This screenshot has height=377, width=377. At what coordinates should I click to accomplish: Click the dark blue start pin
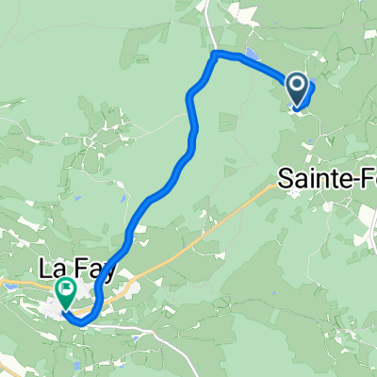click(298, 90)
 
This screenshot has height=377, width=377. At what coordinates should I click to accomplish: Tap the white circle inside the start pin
click(298, 88)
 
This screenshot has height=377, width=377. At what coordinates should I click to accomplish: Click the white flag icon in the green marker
click(67, 288)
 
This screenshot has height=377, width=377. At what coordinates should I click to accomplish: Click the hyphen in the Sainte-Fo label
click(350, 176)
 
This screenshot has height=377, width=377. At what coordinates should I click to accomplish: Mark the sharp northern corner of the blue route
click(216, 55)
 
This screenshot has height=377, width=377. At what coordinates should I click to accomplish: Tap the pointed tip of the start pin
click(298, 106)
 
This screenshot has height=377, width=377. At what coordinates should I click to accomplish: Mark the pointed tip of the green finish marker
click(67, 307)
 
